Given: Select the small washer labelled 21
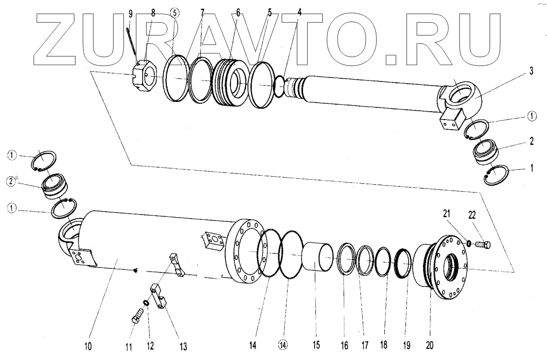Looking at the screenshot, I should click(469, 242).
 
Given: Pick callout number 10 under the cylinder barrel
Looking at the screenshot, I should click(88, 346).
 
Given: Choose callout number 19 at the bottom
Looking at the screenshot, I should click(407, 346).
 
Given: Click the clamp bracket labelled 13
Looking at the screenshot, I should click(160, 298).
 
